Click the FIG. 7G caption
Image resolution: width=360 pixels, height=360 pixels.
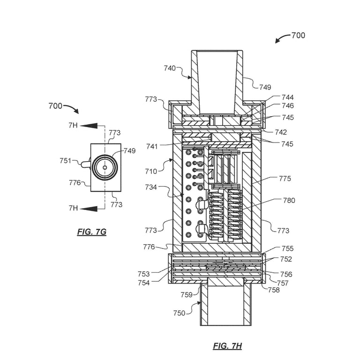[92, 232]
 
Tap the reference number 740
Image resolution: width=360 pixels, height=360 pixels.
[170, 68]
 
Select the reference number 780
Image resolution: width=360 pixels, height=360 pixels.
[289, 201]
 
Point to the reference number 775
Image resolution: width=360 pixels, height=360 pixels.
[285, 179]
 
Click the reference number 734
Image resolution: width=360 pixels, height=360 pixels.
[151, 187]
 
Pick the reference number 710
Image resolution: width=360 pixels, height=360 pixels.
[151, 171]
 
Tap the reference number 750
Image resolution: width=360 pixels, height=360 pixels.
[179, 313]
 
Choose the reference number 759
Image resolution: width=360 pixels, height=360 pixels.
[187, 294]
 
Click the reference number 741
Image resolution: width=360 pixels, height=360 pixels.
[152, 146]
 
